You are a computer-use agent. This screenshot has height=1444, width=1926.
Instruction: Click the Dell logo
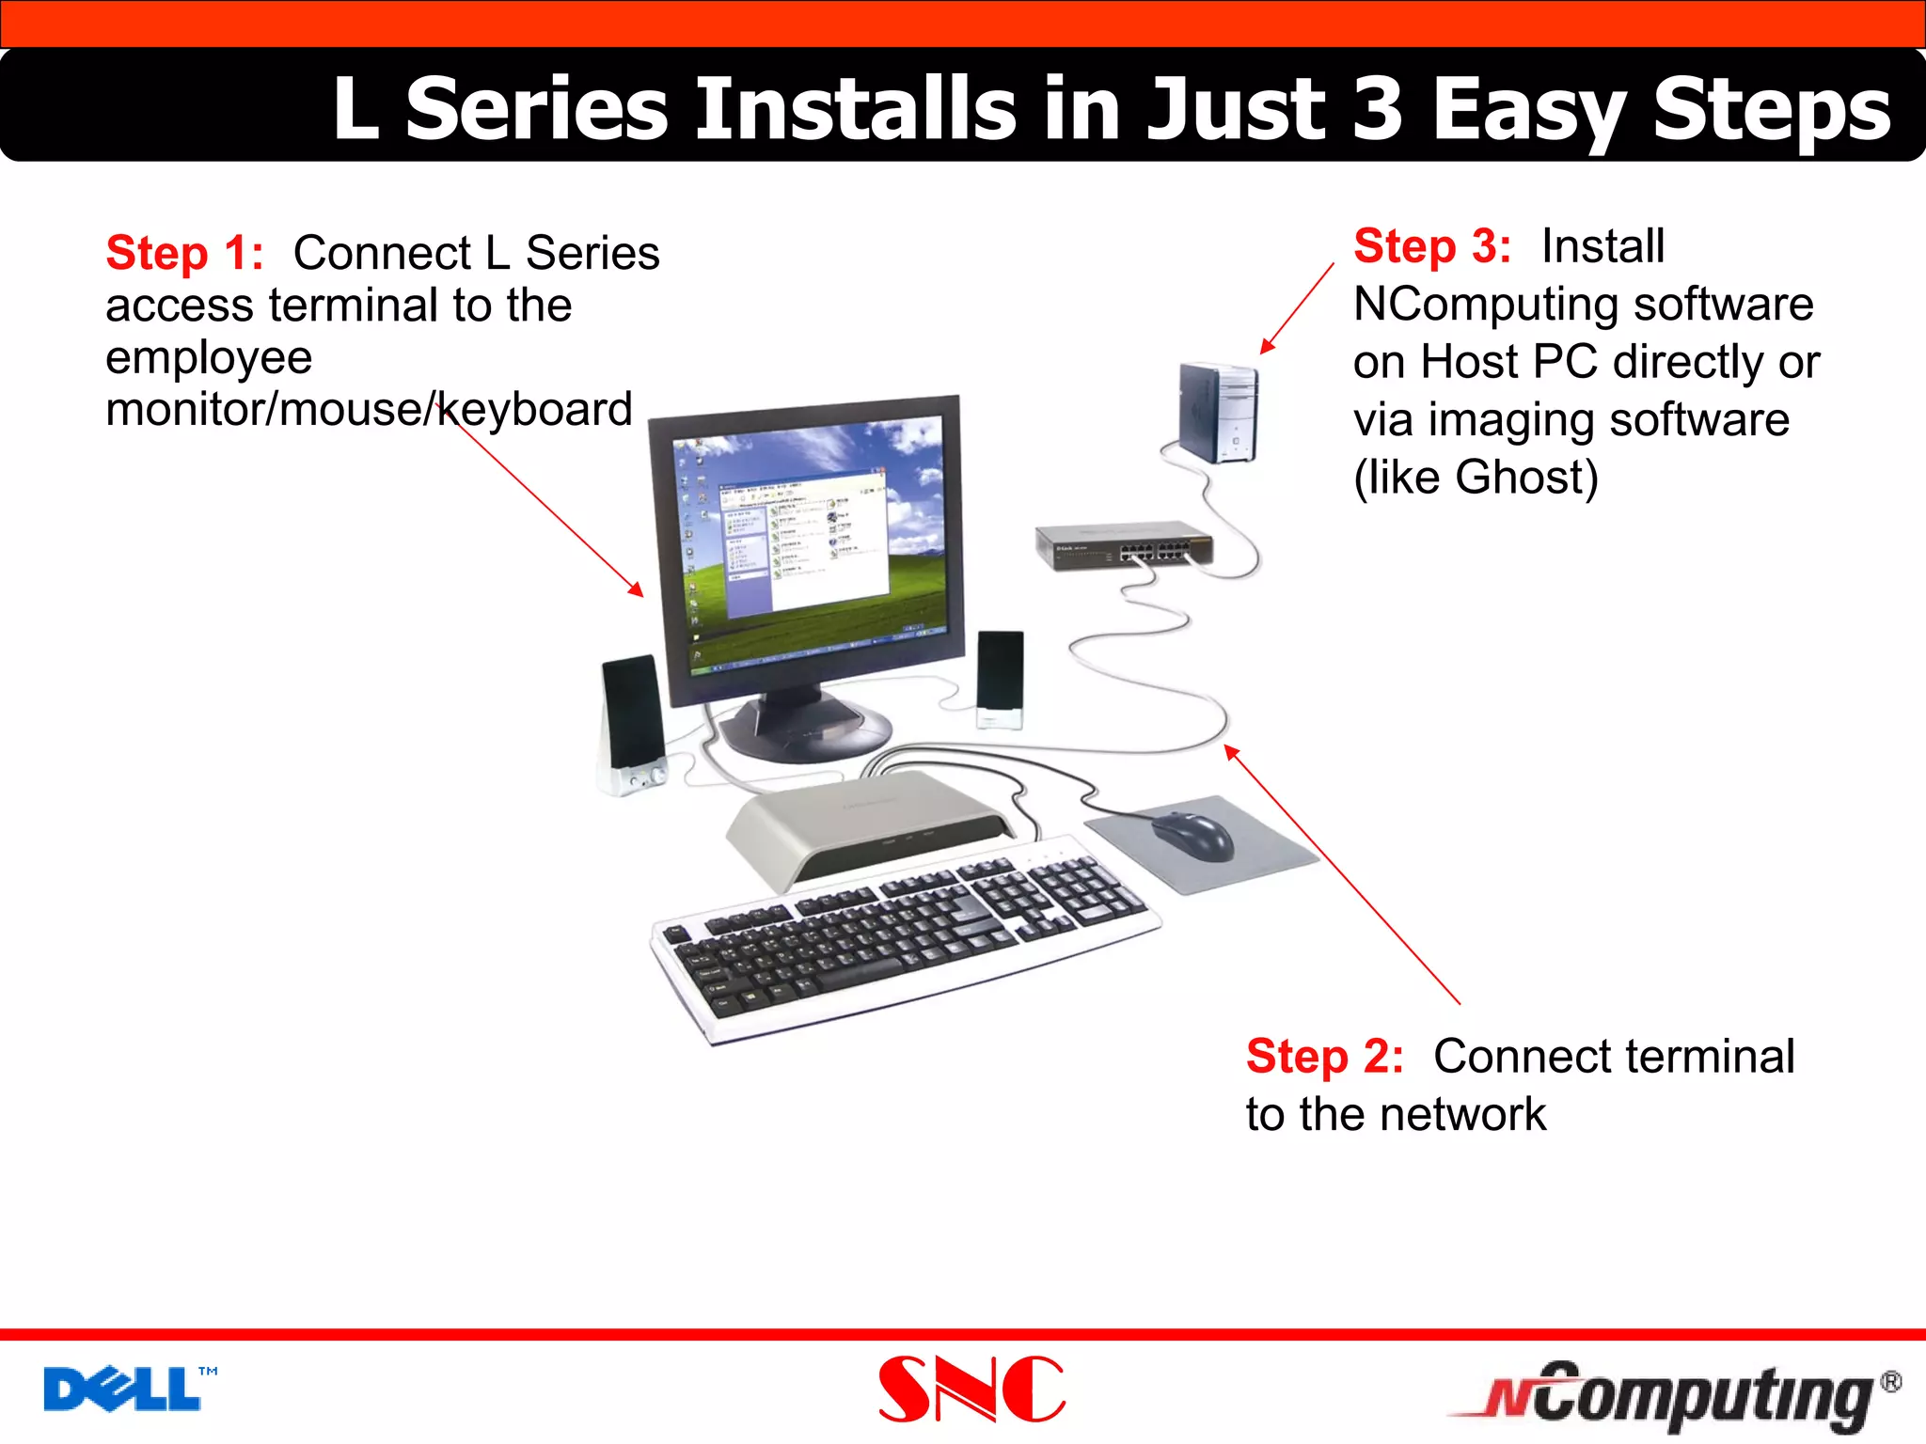[x=122, y=1389]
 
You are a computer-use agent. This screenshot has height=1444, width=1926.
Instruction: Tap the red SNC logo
[x=971, y=1389]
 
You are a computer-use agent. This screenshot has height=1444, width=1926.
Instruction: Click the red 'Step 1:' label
[x=184, y=253]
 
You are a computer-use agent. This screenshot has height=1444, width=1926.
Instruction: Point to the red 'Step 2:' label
[x=1324, y=1057]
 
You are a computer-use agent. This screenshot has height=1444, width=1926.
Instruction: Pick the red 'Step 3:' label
[x=1431, y=246]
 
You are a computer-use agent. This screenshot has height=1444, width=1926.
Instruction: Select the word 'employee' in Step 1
[x=209, y=358]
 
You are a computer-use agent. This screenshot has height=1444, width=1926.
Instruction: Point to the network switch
[x=1124, y=547]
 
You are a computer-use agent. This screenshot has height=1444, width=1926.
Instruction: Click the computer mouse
[x=1192, y=835]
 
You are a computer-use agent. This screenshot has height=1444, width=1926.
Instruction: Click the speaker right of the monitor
[x=1000, y=677]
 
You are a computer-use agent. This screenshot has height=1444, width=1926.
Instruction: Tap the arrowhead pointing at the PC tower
[x=1266, y=347]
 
